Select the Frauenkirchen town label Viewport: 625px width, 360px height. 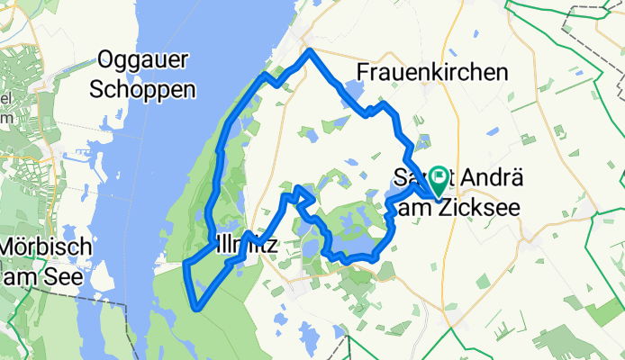pyautogui.click(x=432, y=72)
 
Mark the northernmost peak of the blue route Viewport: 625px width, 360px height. pyautogui.click(x=309, y=51)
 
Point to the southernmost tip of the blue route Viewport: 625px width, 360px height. pyautogui.click(x=197, y=308)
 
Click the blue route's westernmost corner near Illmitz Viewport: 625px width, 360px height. pyautogui.click(x=186, y=265)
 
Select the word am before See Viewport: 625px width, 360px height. pyautogui.click(x=22, y=276)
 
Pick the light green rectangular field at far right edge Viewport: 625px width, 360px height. pyautogui.click(x=605, y=313)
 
